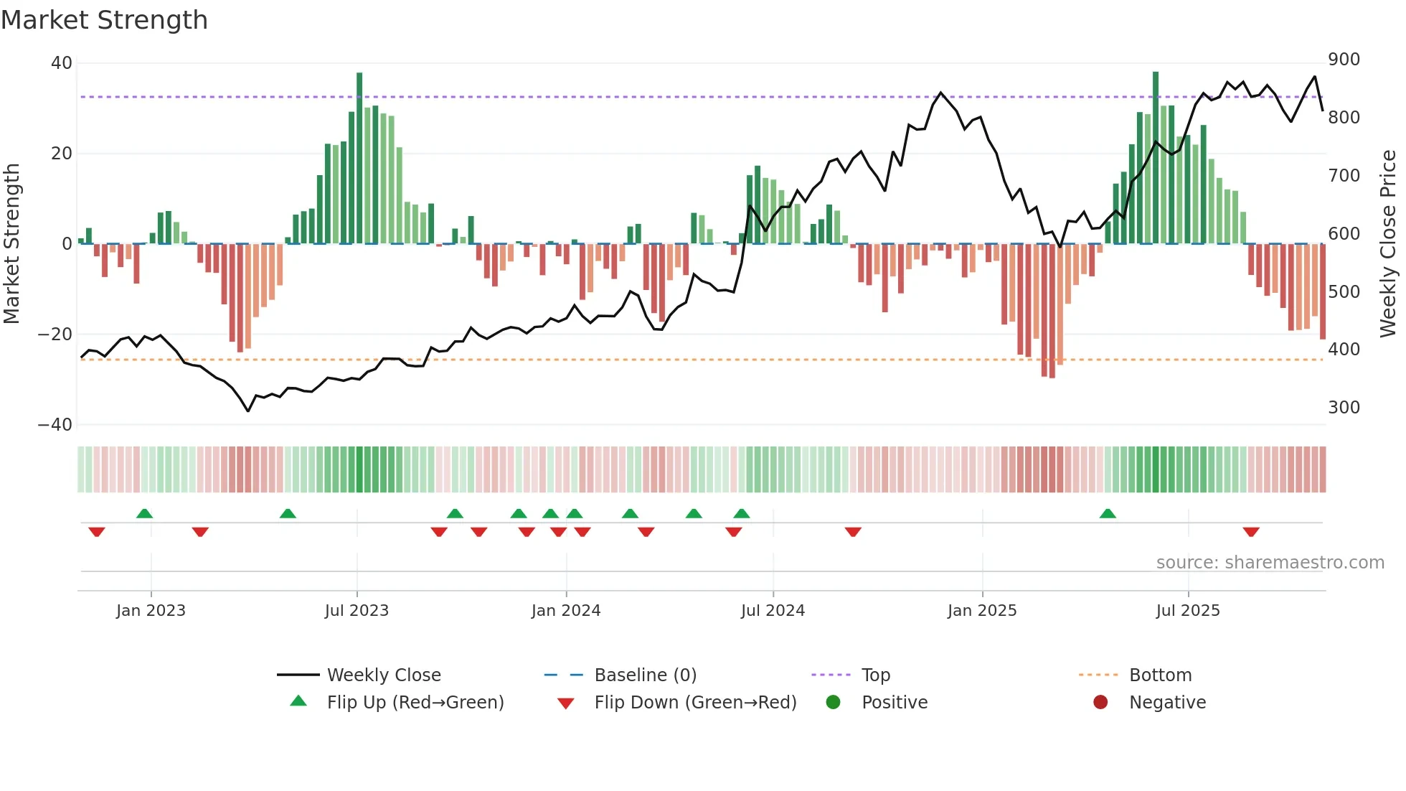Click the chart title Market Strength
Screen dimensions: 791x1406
pyautogui.click(x=104, y=20)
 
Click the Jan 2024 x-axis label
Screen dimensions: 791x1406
pyautogui.click(x=565, y=611)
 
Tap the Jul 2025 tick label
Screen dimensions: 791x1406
pyautogui.click(x=1187, y=611)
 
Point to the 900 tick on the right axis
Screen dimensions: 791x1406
pyautogui.click(x=1343, y=60)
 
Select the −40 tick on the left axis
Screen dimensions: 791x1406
pyautogui.click(x=55, y=425)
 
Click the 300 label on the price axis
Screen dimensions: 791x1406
pyautogui.click(x=1343, y=408)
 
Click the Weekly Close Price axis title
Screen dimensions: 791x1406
pyautogui.click(x=1388, y=244)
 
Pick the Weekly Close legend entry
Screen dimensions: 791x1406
pyautogui.click(x=383, y=675)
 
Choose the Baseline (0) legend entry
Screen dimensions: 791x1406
pyautogui.click(x=645, y=675)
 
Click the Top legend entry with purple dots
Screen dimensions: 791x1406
pyautogui.click(x=875, y=675)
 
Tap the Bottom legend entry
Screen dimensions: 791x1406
pyautogui.click(x=1159, y=675)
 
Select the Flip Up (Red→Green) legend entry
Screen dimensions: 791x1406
pyautogui.click(x=415, y=703)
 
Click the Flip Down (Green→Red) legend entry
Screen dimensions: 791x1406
pyautogui.click(x=694, y=703)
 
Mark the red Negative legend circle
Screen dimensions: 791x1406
pyautogui.click(x=1100, y=703)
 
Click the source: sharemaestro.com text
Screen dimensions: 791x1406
pyautogui.click(x=1269, y=563)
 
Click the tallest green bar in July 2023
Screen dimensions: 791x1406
pyautogui.click(x=359, y=158)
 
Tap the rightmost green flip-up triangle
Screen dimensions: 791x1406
pyautogui.click(x=1107, y=513)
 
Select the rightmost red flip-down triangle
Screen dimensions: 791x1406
pyautogui.click(x=1250, y=532)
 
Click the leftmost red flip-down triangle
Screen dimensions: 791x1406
pyautogui.click(x=97, y=532)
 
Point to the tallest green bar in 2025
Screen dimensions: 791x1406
pyautogui.click(x=1155, y=158)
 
